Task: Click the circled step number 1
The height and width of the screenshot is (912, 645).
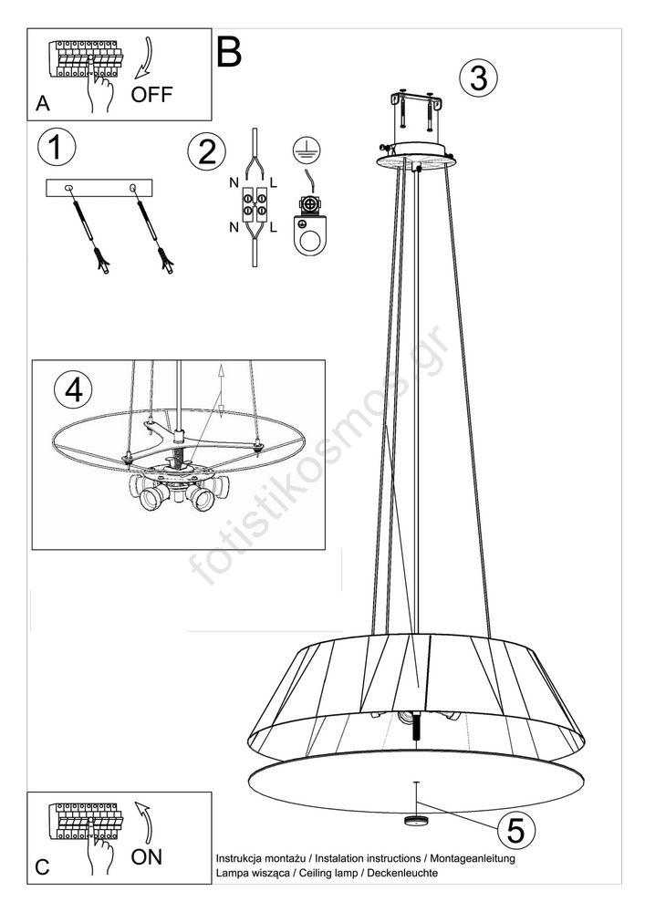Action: click(x=56, y=147)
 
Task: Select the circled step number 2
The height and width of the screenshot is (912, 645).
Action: click(x=206, y=150)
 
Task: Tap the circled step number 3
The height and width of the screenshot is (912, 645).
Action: click(x=478, y=78)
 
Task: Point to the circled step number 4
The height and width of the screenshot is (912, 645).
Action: click(x=73, y=389)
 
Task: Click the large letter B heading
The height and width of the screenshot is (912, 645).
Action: click(x=229, y=52)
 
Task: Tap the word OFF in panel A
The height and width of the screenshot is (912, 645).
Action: click(x=151, y=94)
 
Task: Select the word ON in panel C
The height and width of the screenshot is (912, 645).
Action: click(x=147, y=856)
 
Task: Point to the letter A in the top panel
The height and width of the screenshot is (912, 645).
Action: click(x=43, y=104)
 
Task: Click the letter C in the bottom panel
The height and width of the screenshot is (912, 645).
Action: click(x=43, y=867)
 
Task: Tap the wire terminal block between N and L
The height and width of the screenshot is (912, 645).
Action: click(x=255, y=205)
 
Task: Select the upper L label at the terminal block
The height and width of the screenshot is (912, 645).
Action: click(x=274, y=184)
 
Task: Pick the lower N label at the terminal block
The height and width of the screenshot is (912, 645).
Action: click(x=234, y=227)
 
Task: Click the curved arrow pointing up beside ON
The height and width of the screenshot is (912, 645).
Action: click(x=144, y=823)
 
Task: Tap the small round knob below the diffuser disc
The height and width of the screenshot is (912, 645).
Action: click(x=416, y=821)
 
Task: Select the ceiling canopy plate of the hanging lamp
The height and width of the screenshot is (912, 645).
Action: click(x=416, y=157)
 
